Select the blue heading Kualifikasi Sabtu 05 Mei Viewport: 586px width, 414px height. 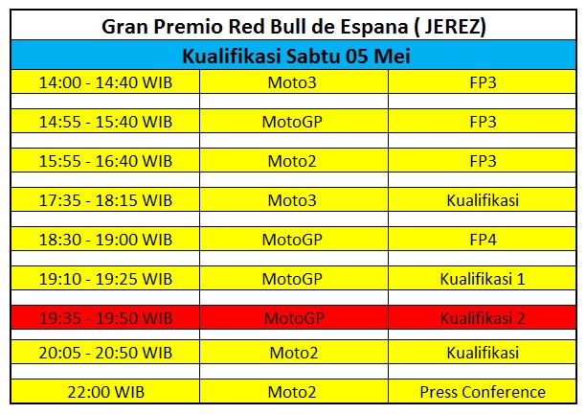coord(293,56)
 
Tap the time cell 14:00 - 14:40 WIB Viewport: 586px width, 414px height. coord(105,82)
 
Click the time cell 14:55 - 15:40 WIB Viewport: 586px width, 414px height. coord(105,122)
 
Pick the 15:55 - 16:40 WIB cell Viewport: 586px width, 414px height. coord(105,160)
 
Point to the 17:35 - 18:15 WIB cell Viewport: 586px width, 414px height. coord(105,199)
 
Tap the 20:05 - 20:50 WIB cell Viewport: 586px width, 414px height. coord(105,353)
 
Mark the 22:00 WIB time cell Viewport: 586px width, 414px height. coord(105,391)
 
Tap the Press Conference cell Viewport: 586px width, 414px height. coord(483,391)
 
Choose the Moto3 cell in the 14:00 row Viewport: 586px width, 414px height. coord(293,82)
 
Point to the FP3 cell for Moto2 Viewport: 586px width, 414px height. coord(483,160)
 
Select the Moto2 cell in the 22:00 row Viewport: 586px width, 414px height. coord(293,391)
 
